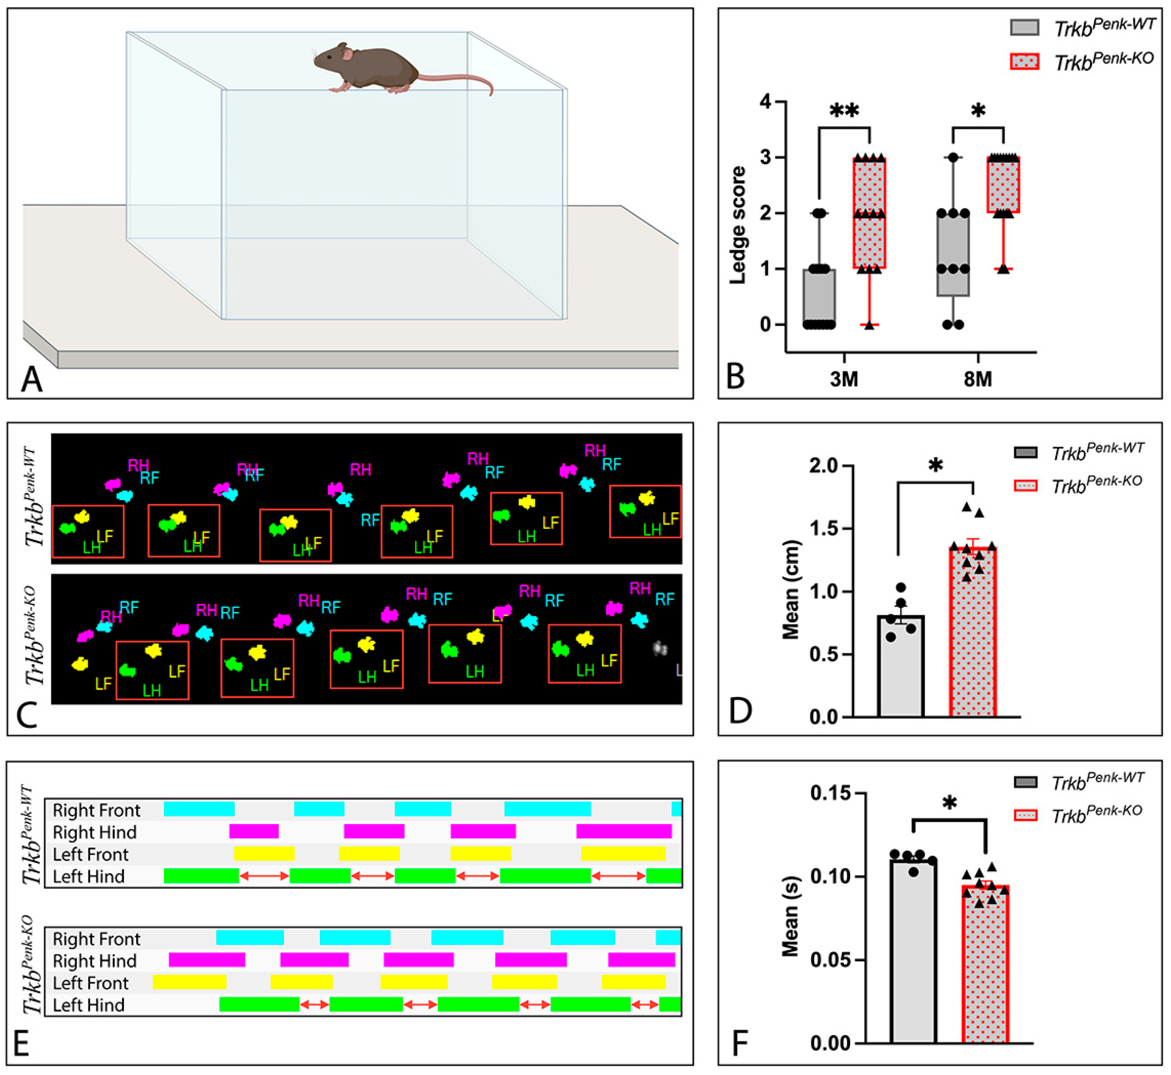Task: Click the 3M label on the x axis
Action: (x=844, y=379)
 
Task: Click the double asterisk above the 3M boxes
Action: (x=844, y=110)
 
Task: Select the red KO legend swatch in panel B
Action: (x=1024, y=61)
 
